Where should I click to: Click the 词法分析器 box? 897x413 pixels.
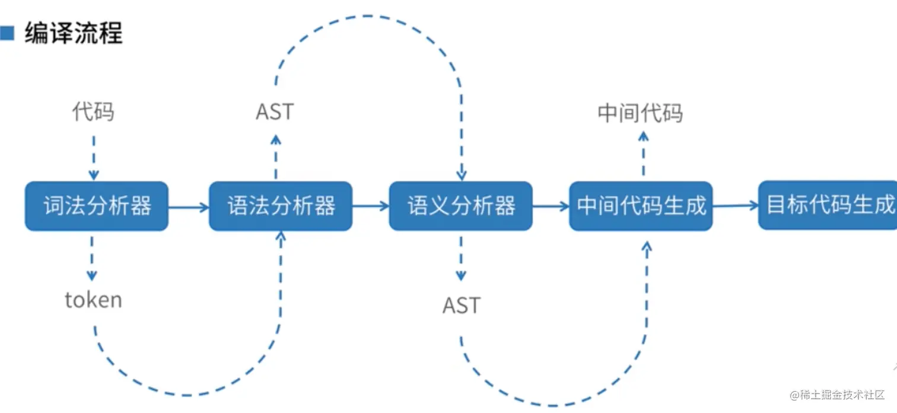coord(97,206)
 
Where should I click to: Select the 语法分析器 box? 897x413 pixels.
coord(281,206)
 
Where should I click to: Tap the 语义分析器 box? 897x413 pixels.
coord(461,206)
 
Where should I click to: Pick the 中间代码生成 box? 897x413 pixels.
coord(641,206)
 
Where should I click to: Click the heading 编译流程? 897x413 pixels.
coord(74,33)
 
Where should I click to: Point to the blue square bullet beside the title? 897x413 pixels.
coord(7,33)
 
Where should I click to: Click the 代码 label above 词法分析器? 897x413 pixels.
coord(93,111)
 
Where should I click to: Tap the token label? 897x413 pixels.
coord(93,300)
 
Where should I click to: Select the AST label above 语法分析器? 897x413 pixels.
coord(275,111)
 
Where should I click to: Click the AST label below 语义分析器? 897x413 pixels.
coord(461,305)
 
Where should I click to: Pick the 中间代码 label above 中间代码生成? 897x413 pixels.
coord(640,113)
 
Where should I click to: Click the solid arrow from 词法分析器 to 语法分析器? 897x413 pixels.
coord(189,207)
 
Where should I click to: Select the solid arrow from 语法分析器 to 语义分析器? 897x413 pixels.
coord(371,206)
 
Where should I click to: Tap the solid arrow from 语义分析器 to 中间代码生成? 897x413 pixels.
coord(551,206)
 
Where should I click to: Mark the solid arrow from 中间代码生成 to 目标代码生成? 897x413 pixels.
coord(736,206)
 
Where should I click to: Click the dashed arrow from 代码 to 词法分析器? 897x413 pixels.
coord(93,157)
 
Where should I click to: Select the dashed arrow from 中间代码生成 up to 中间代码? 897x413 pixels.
coord(644,154)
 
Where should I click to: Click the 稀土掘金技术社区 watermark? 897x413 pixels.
coord(837,395)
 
